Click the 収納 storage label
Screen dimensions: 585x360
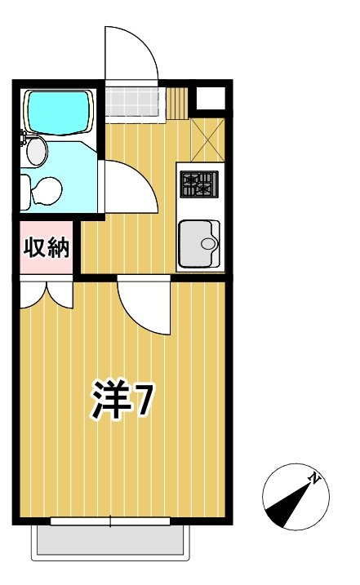click(x=47, y=247)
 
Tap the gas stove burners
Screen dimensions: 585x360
click(x=199, y=184)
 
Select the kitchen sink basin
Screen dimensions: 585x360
click(x=198, y=242)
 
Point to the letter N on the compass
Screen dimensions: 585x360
click(x=314, y=477)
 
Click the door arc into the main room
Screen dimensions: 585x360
click(x=145, y=306)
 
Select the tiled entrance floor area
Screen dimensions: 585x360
click(x=131, y=101)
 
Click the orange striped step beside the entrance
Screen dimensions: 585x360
click(x=179, y=101)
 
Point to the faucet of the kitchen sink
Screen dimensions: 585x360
click(x=211, y=243)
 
